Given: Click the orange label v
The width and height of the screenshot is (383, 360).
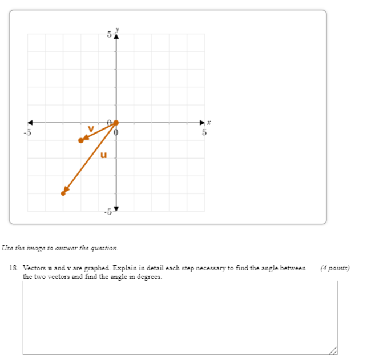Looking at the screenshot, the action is tap(90, 129).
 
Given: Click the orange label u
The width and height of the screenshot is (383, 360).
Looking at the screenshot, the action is tap(103, 155).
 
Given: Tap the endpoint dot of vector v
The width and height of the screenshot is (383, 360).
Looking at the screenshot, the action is tap(81, 140).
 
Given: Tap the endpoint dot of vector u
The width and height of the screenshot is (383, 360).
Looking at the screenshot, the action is tap(63, 193).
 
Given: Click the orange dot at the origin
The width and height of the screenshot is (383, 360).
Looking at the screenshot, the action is tap(116, 122).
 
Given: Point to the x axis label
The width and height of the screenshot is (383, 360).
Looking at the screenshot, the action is tap(209, 122).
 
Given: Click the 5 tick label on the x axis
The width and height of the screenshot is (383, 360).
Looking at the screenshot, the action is tap(204, 132).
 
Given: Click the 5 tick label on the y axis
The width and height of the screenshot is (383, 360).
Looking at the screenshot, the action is tap(109, 35).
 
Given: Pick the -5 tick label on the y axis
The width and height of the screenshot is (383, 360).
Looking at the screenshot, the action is tap(108, 212).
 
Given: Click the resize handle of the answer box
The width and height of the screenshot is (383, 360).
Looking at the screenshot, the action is tap(333, 350).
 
